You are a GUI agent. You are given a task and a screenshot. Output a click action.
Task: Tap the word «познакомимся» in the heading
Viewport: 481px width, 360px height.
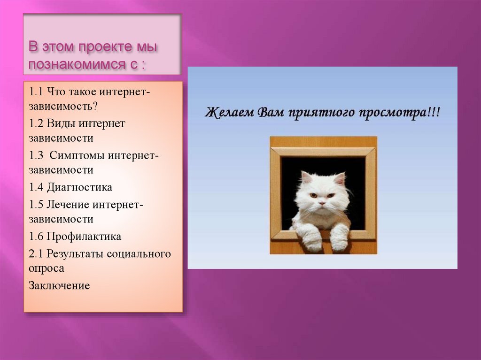(x=77, y=64)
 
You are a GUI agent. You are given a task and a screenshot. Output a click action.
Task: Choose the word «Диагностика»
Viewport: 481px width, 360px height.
(x=79, y=187)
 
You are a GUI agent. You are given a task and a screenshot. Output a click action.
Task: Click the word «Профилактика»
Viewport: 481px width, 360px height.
(x=84, y=237)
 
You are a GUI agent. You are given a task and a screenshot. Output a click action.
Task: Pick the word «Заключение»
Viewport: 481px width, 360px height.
(x=59, y=285)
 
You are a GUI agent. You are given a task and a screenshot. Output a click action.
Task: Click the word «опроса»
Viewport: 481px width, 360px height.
(x=47, y=268)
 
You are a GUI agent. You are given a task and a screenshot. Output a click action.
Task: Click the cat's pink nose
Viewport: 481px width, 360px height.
(x=322, y=204)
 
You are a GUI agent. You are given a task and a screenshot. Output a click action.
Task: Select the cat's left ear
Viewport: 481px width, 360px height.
(x=307, y=177)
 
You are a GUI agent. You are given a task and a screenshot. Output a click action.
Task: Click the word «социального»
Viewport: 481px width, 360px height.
(x=139, y=254)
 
